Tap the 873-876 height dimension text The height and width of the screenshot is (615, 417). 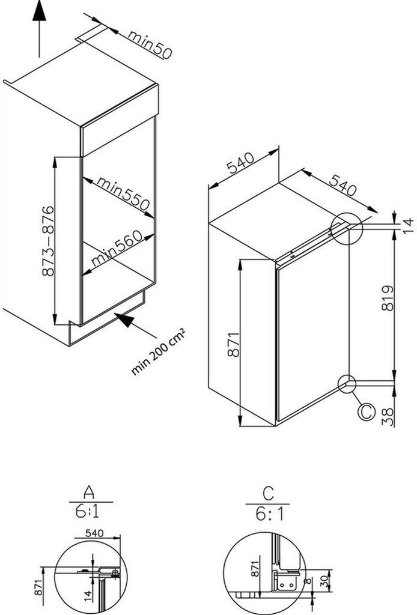click(x=48, y=240)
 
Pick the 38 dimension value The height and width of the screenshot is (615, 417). click(x=388, y=414)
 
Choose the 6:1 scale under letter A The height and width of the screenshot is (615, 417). click(x=89, y=512)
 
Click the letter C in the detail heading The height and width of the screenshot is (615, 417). click(x=268, y=494)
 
